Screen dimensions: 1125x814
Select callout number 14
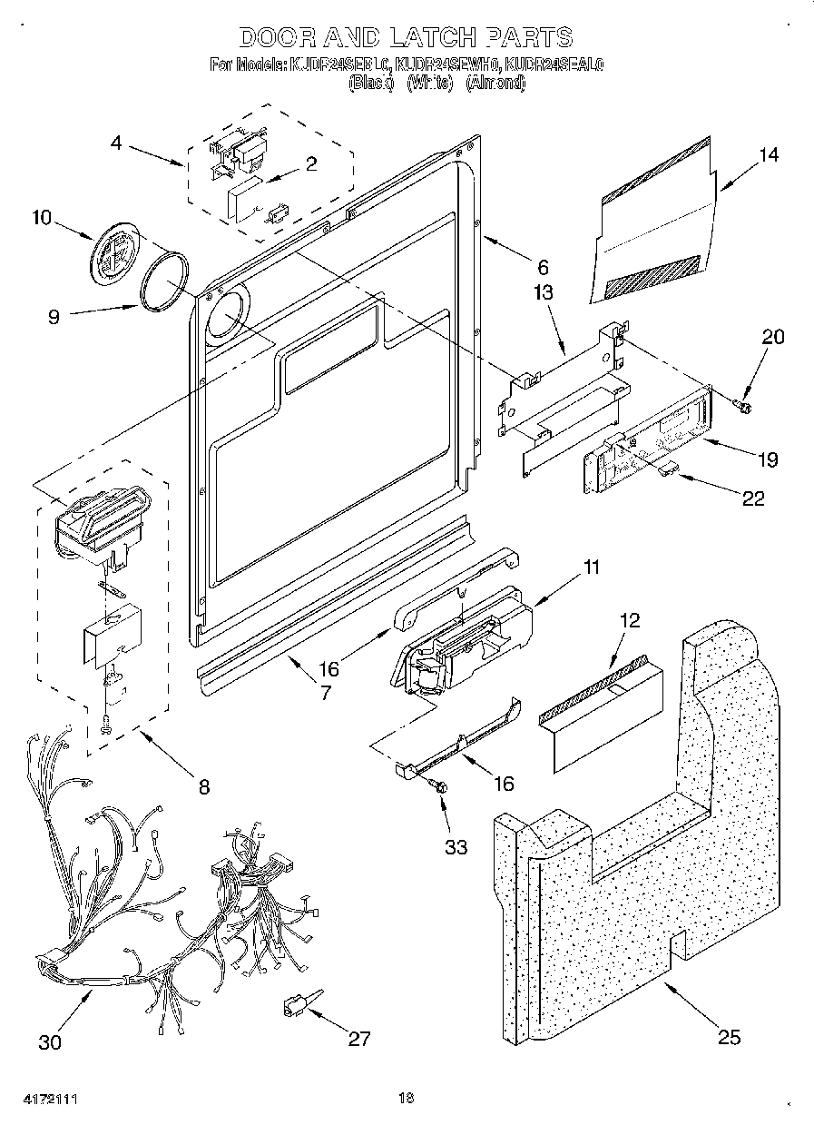[x=769, y=154]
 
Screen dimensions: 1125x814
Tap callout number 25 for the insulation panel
[x=730, y=1037]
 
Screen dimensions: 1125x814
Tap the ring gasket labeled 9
[x=166, y=282]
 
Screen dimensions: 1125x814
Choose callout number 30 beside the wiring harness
[x=51, y=1041]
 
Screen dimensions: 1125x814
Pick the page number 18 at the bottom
[x=406, y=1098]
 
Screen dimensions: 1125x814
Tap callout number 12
[x=630, y=621]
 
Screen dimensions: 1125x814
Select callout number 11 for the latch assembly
[x=591, y=568]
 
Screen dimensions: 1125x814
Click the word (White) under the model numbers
[x=429, y=83]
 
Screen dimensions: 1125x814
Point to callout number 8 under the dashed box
[x=203, y=786]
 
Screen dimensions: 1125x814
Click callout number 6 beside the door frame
[x=543, y=267]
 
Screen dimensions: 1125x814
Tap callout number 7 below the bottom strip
[x=326, y=691]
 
